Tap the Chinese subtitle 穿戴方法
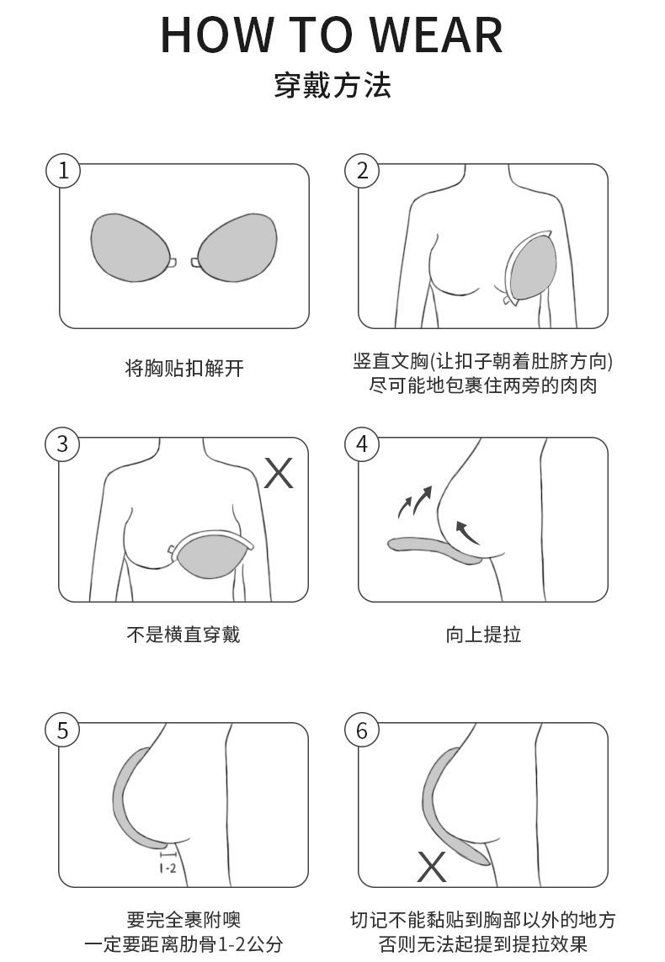332,85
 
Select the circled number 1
63,170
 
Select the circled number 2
362,170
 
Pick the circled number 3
62,444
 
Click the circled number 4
362,444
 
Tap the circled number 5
62,730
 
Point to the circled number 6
362,730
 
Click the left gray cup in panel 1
130,247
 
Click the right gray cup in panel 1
237,247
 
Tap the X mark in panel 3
279,473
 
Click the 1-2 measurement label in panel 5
168,868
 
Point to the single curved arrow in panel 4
465,532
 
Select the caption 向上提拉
483,634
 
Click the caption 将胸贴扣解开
184,368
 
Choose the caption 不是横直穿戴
184,634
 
